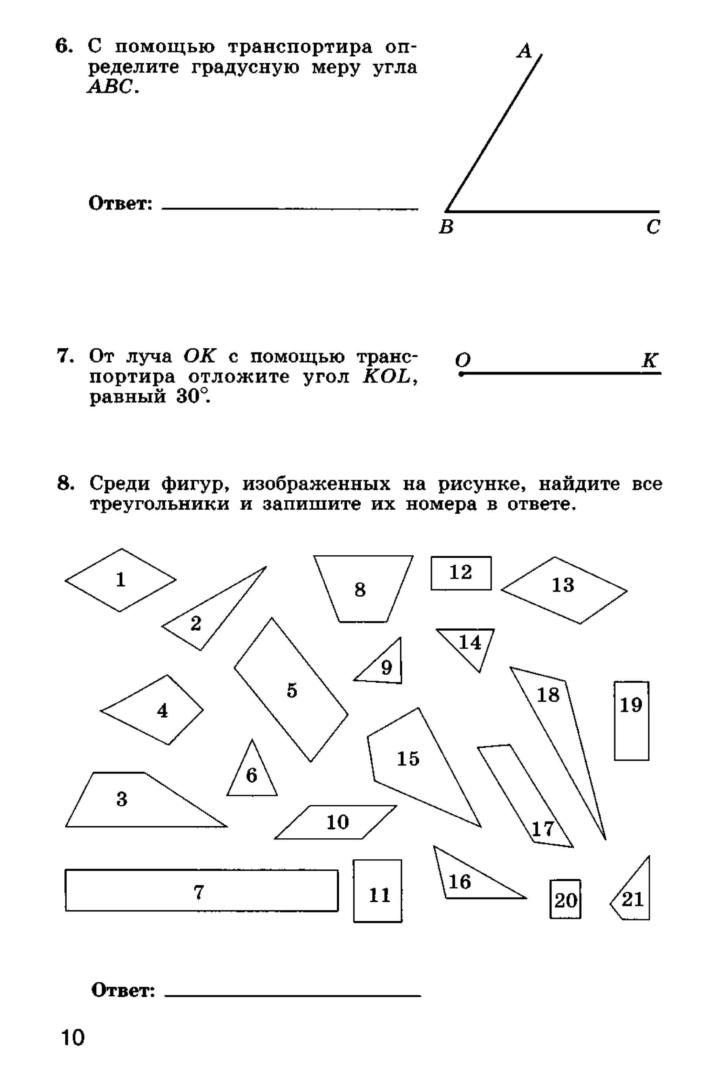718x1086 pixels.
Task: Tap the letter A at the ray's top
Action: [524, 51]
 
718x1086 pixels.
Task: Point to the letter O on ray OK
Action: [462, 360]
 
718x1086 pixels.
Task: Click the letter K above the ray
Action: [649, 360]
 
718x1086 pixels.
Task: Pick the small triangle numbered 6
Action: [252, 775]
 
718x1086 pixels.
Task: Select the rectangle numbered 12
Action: [461, 573]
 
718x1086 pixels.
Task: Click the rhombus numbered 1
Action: [121, 579]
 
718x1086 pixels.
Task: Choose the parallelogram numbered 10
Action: [337, 822]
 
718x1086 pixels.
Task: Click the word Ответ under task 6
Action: [120, 203]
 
